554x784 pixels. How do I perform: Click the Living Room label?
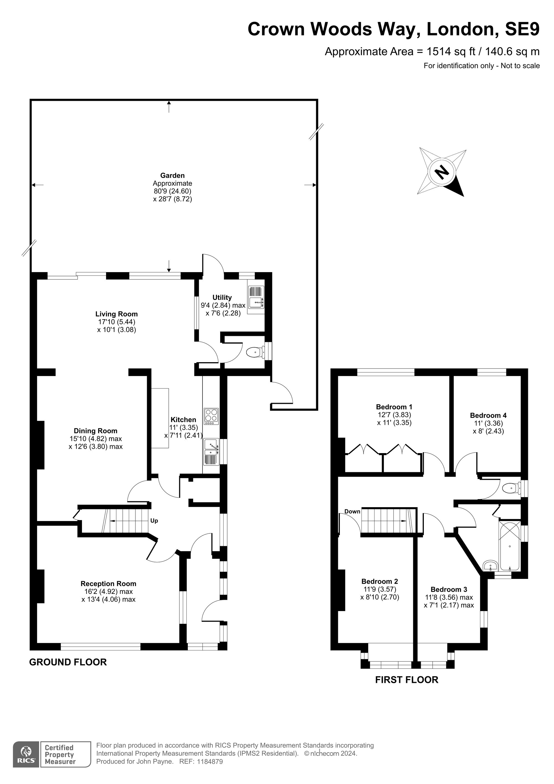[116, 314]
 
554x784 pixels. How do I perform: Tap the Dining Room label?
[96, 431]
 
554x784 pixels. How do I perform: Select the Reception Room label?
[108, 584]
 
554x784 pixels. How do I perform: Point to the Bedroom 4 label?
[488, 415]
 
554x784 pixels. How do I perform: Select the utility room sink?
[256, 300]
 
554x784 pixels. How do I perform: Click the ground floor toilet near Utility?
[255, 352]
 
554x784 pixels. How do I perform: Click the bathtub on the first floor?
[510, 545]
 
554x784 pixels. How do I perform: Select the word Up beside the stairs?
[154, 521]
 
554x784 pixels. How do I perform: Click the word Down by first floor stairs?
[352, 511]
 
